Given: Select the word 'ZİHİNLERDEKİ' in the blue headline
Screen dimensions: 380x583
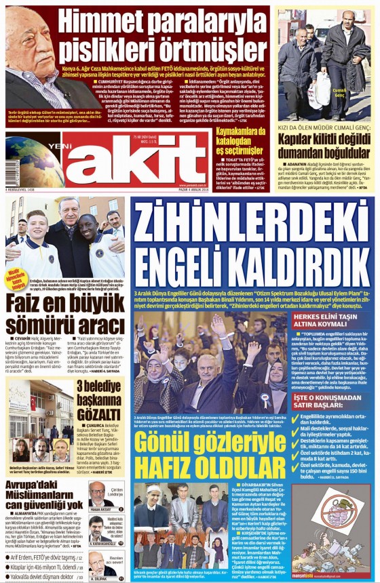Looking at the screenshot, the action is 252,222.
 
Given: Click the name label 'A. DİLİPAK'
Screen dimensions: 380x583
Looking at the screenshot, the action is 98,578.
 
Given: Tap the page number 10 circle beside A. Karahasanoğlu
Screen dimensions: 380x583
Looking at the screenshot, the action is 120,543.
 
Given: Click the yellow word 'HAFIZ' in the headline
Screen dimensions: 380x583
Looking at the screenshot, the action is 166,465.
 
